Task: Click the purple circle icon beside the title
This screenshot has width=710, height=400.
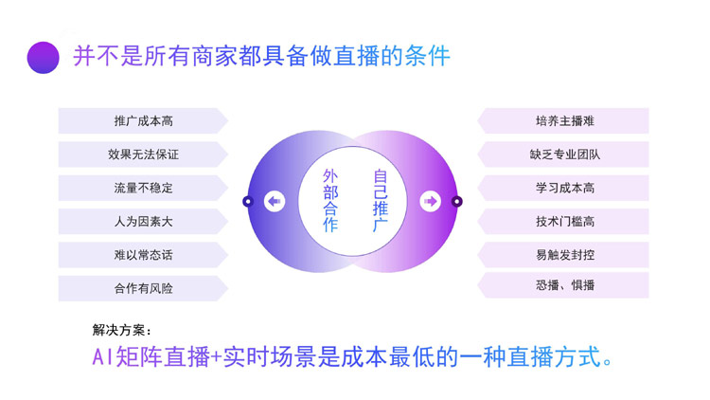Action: coord(44,56)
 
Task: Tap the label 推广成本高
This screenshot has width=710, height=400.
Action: coord(143,121)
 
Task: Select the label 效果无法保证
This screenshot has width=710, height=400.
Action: coord(143,155)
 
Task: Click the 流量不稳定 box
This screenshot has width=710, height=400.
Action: coord(143,189)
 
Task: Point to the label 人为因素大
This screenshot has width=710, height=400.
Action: coord(143,222)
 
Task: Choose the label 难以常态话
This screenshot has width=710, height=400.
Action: coord(143,255)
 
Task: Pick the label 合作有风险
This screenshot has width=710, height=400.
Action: coord(143,288)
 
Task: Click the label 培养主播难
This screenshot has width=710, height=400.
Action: coord(564,121)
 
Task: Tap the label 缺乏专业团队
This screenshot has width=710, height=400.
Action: coord(564,155)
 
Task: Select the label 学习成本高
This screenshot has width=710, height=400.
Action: coord(564,189)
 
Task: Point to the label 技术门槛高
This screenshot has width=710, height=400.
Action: coord(564,222)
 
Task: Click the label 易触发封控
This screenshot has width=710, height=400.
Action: coord(564,255)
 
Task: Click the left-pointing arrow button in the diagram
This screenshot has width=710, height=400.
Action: coord(275,201)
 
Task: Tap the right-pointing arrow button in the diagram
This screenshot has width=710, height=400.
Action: coord(431,201)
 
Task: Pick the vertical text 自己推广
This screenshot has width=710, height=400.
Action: coord(380,201)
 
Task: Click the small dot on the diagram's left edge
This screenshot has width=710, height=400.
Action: coord(248,201)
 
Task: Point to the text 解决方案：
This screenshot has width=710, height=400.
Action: coord(121,331)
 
